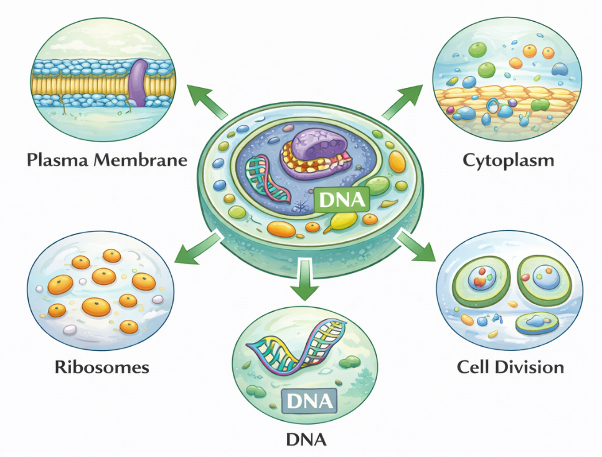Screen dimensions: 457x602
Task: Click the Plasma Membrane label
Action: (107, 160)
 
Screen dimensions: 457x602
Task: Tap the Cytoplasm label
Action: (508, 160)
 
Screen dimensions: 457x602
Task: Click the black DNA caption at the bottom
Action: (306, 440)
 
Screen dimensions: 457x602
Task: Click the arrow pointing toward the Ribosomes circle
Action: (194, 246)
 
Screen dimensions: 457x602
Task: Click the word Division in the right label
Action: (533, 366)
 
